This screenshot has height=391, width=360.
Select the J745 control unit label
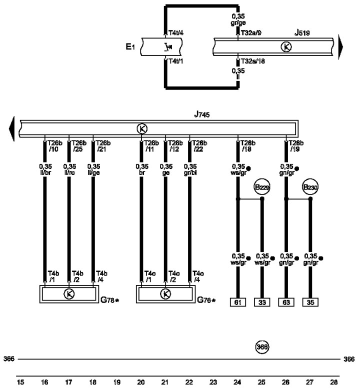pyautogui.click(x=202, y=115)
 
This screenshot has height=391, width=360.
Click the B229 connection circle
pyautogui.click(x=261, y=187)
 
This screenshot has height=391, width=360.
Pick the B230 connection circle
pyautogui.click(x=310, y=187)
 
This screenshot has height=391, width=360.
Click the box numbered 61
pyautogui.click(x=237, y=302)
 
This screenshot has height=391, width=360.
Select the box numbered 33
pyautogui.click(x=261, y=302)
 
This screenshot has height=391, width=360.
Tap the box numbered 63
pyautogui.click(x=286, y=302)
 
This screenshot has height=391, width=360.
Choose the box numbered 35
pyautogui.click(x=310, y=302)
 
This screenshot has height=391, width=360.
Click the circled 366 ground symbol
pyautogui.click(x=262, y=346)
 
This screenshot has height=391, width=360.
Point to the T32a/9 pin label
pyautogui.click(x=250, y=33)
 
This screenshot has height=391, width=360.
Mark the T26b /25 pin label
pyautogui.click(x=78, y=145)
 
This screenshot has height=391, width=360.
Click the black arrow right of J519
pyautogui.click(x=341, y=47)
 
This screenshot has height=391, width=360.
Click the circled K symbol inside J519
pyautogui.click(x=286, y=47)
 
